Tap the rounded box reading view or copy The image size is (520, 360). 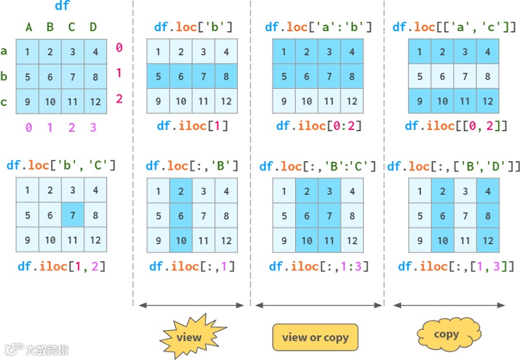[315, 337]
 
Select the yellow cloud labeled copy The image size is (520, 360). [446, 335]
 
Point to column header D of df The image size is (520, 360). [94, 27]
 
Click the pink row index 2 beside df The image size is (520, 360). [119, 99]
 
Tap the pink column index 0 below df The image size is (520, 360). [29, 128]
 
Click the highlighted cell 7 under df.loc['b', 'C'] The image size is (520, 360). [72, 215]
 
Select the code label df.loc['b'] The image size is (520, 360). [193, 27]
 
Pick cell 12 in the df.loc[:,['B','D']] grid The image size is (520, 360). [486, 240]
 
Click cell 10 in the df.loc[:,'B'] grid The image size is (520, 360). [181, 240]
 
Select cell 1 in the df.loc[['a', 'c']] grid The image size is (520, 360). [419, 52]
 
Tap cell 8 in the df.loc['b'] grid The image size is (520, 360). [226, 77]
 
